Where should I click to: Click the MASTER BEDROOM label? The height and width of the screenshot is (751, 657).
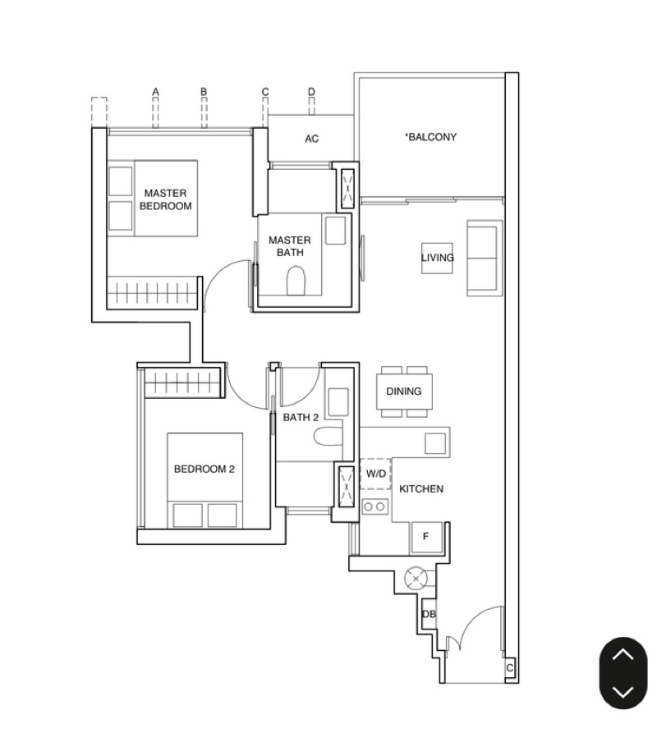[x=165, y=199]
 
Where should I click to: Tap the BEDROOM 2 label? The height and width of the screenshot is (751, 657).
[x=204, y=469]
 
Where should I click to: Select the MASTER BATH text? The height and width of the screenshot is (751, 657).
[x=289, y=246]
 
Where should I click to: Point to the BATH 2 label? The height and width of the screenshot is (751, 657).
[x=300, y=418]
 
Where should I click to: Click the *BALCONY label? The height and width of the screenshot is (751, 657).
[x=430, y=137]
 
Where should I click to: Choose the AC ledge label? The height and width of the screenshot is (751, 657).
[x=311, y=139]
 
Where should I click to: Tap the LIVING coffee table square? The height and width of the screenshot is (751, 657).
[x=437, y=258]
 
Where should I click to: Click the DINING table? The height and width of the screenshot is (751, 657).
[x=403, y=392]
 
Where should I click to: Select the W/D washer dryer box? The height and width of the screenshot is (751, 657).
[x=375, y=474]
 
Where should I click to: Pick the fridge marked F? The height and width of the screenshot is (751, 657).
[x=426, y=537]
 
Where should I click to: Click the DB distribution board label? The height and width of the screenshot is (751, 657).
[x=428, y=615]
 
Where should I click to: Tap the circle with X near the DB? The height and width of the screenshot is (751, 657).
[x=416, y=579]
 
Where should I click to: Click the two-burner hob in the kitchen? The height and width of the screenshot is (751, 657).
[x=375, y=506]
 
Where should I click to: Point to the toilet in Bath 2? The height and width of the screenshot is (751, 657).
[x=326, y=437]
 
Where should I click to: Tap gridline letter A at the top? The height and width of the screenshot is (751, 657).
[x=154, y=92]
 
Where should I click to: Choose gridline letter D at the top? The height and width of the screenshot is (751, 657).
[x=311, y=92]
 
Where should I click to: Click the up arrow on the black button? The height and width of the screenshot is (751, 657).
[x=623, y=654]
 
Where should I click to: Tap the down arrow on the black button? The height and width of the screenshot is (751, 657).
[x=623, y=691]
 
